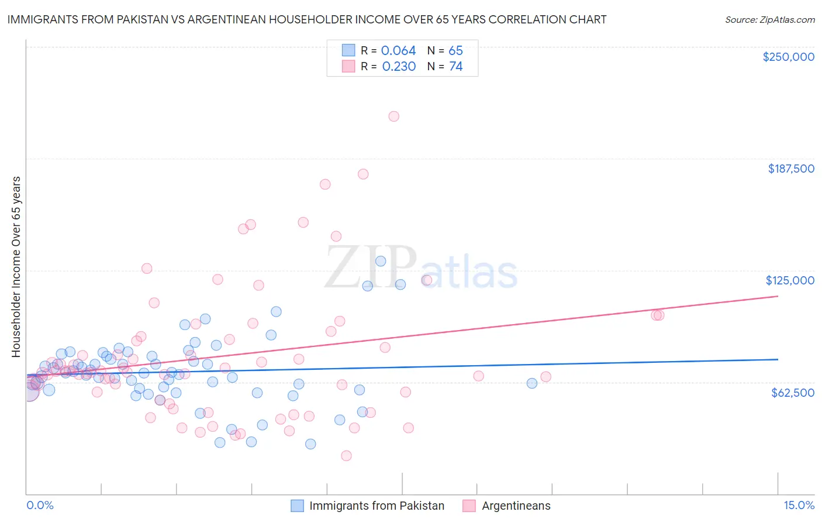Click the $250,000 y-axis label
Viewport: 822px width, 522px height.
[x=788, y=57]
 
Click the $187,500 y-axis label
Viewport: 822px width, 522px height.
[x=790, y=169]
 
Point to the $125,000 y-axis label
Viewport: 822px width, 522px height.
[x=790, y=280]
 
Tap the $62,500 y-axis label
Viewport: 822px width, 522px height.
[x=792, y=393]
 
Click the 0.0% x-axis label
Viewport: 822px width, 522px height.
[x=40, y=505]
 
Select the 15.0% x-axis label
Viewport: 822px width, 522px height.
[x=799, y=505]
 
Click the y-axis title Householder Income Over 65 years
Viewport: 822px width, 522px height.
[x=16, y=267]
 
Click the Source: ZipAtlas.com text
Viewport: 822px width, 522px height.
[x=769, y=20]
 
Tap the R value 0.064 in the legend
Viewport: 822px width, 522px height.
[x=398, y=51]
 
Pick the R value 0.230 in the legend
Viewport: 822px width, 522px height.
[x=399, y=67]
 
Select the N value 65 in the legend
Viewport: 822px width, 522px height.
[x=455, y=51]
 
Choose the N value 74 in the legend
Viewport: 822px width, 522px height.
[x=455, y=67]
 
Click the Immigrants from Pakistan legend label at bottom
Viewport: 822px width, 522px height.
[x=377, y=506]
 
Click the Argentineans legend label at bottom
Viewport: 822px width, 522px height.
[x=516, y=506]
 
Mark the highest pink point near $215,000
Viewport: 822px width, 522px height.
[x=394, y=116]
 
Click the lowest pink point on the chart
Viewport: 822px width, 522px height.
[x=346, y=456]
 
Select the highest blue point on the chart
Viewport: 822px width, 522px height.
[x=381, y=262]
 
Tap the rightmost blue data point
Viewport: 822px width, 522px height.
[x=532, y=383]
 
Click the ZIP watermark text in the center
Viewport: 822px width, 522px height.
[x=371, y=267]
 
